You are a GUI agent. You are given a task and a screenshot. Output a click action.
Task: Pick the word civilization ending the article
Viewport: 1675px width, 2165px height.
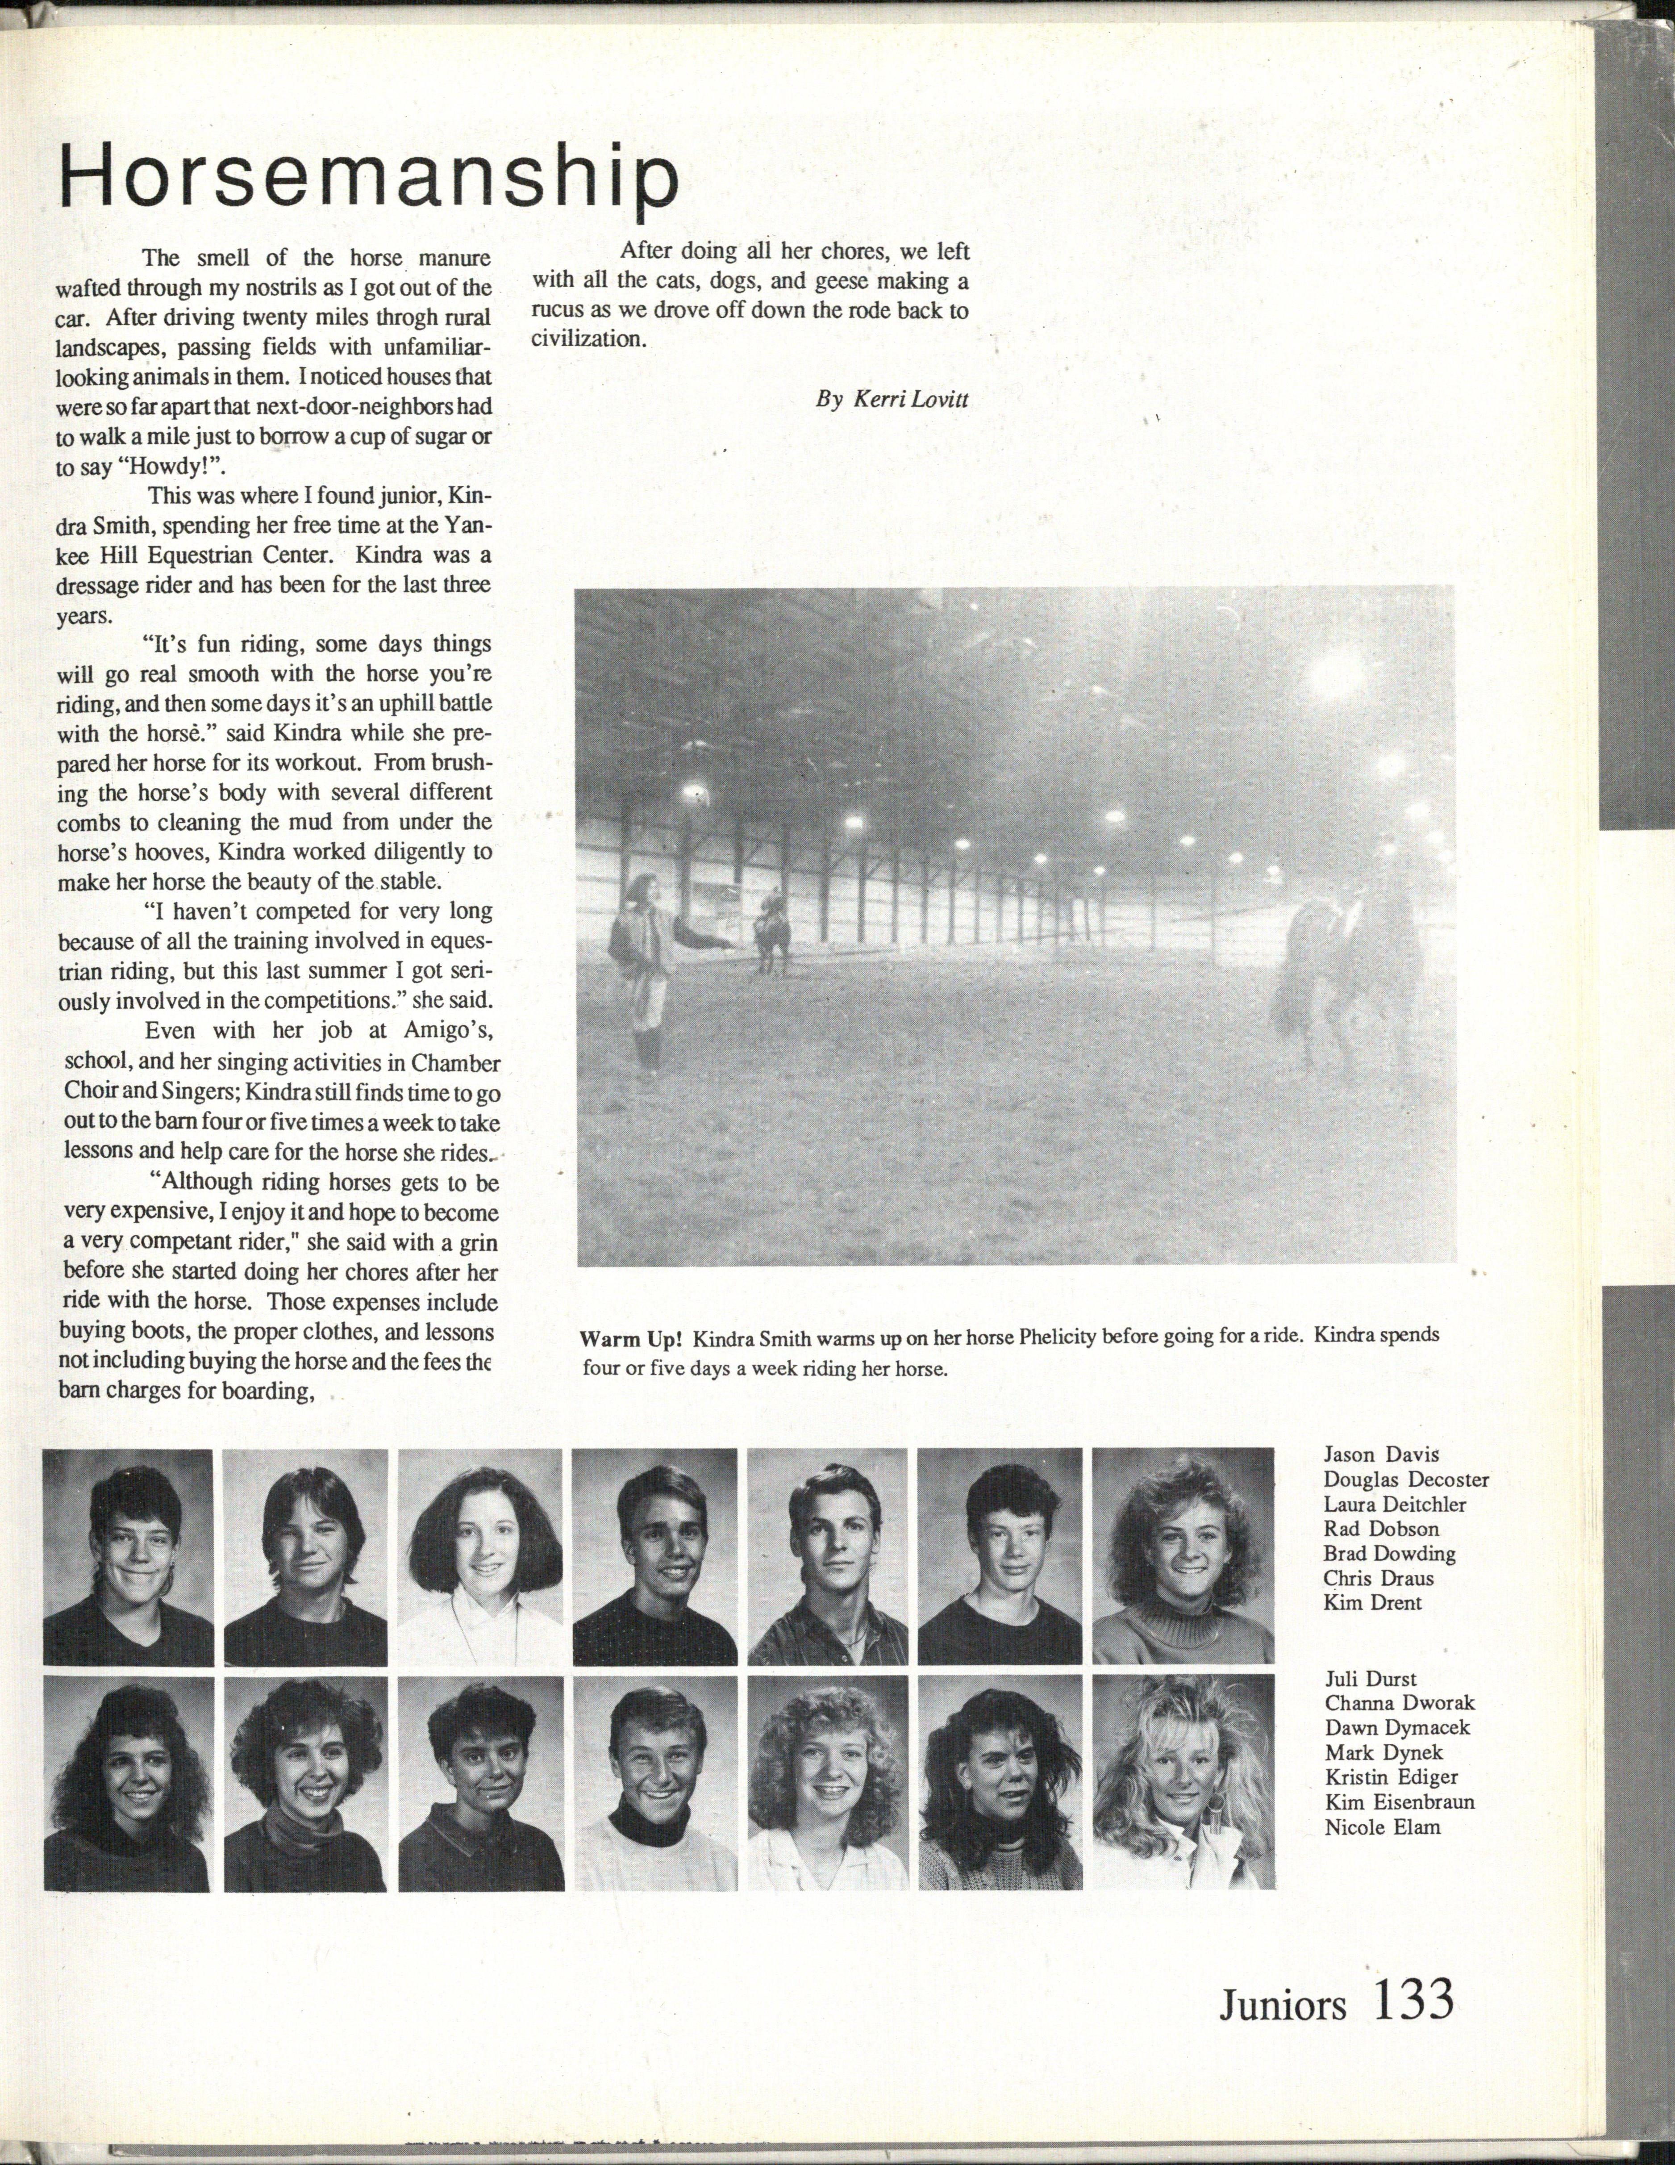click(x=587, y=338)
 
